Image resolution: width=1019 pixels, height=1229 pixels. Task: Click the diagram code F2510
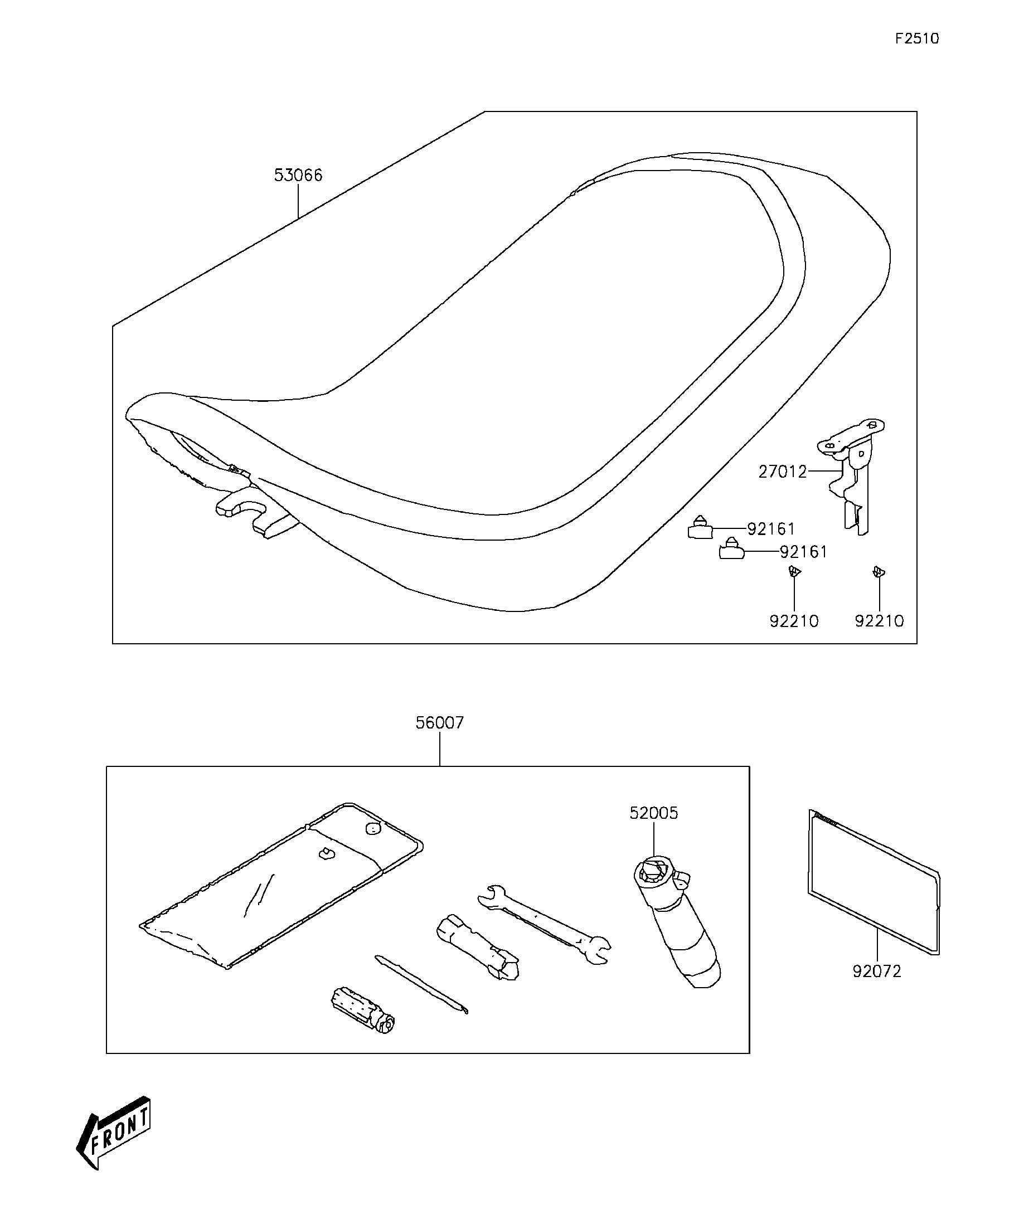point(917,38)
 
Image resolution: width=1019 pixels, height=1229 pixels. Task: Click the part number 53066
point(298,175)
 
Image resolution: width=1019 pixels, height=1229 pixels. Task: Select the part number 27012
point(783,471)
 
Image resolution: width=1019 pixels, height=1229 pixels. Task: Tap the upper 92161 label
point(771,529)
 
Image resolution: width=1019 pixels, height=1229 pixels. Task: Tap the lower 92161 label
point(804,552)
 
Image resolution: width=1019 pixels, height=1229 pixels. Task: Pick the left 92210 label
point(794,621)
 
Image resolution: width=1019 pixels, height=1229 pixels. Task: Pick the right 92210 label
point(879,621)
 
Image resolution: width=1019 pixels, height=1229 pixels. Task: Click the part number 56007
point(440,723)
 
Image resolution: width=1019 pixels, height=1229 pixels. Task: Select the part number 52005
point(654,813)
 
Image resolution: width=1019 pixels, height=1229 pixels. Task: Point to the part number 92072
point(877,971)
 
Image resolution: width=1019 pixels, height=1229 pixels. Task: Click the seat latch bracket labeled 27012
point(852,475)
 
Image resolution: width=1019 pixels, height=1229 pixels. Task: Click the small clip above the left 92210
point(794,571)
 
